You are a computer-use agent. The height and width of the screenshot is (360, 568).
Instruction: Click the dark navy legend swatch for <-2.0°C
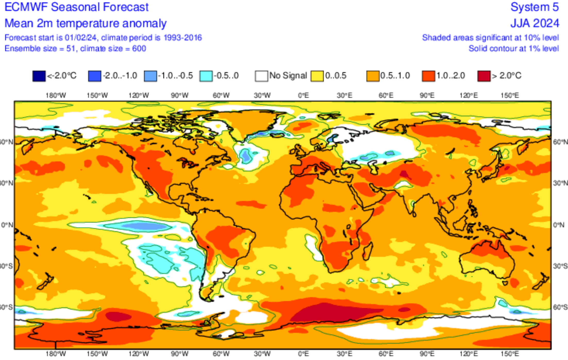(39, 76)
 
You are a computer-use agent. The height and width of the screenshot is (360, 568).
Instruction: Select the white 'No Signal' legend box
(261, 76)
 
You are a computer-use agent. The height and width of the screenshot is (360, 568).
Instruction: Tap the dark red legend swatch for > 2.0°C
(484, 76)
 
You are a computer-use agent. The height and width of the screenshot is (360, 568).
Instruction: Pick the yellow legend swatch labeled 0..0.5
(317, 76)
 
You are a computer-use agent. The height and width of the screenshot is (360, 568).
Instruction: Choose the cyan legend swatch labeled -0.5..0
(206, 76)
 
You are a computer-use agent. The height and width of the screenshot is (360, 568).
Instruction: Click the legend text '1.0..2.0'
(451, 76)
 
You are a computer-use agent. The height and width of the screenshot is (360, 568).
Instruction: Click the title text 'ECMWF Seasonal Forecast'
(77, 7)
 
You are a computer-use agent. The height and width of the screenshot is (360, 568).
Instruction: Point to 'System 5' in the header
(535, 7)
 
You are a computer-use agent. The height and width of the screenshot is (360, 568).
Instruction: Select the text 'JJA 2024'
(535, 23)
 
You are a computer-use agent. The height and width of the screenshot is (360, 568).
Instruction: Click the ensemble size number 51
(71, 48)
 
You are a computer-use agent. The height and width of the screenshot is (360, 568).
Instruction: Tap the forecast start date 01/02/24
(81, 38)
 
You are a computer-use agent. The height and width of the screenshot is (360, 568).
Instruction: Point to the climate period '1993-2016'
(183, 38)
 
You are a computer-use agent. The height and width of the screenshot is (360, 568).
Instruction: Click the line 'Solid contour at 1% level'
(514, 48)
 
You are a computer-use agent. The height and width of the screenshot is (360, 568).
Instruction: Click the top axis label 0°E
(303, 96)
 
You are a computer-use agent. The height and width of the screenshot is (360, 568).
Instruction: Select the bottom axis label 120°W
(139, 354)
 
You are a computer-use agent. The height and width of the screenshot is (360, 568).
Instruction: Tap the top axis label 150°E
(510, 96)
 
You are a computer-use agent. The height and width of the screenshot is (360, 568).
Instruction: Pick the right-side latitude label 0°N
(559, 225)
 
